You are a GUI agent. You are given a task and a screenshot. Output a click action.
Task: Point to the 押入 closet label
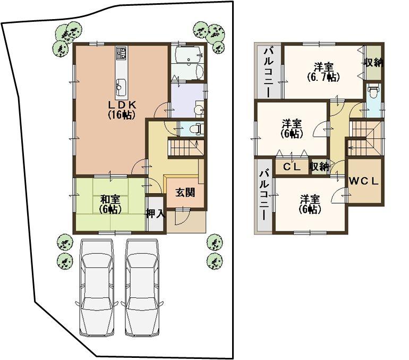(x=155, y=214)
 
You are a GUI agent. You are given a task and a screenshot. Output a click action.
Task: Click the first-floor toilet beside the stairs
(x=195, y=128)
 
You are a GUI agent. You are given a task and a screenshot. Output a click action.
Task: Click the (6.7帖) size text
(x=323, y=77)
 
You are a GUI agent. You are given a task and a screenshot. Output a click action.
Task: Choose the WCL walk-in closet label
(x=364, y=180)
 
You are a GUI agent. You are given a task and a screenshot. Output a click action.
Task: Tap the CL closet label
(x=292, y=166)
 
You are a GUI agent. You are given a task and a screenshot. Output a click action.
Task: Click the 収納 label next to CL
(x=319, y=166)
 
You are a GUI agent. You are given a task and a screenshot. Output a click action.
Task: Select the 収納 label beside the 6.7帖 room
(x=373, y=62)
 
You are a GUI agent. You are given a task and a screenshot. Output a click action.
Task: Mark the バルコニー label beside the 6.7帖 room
(x=269, y=71)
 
